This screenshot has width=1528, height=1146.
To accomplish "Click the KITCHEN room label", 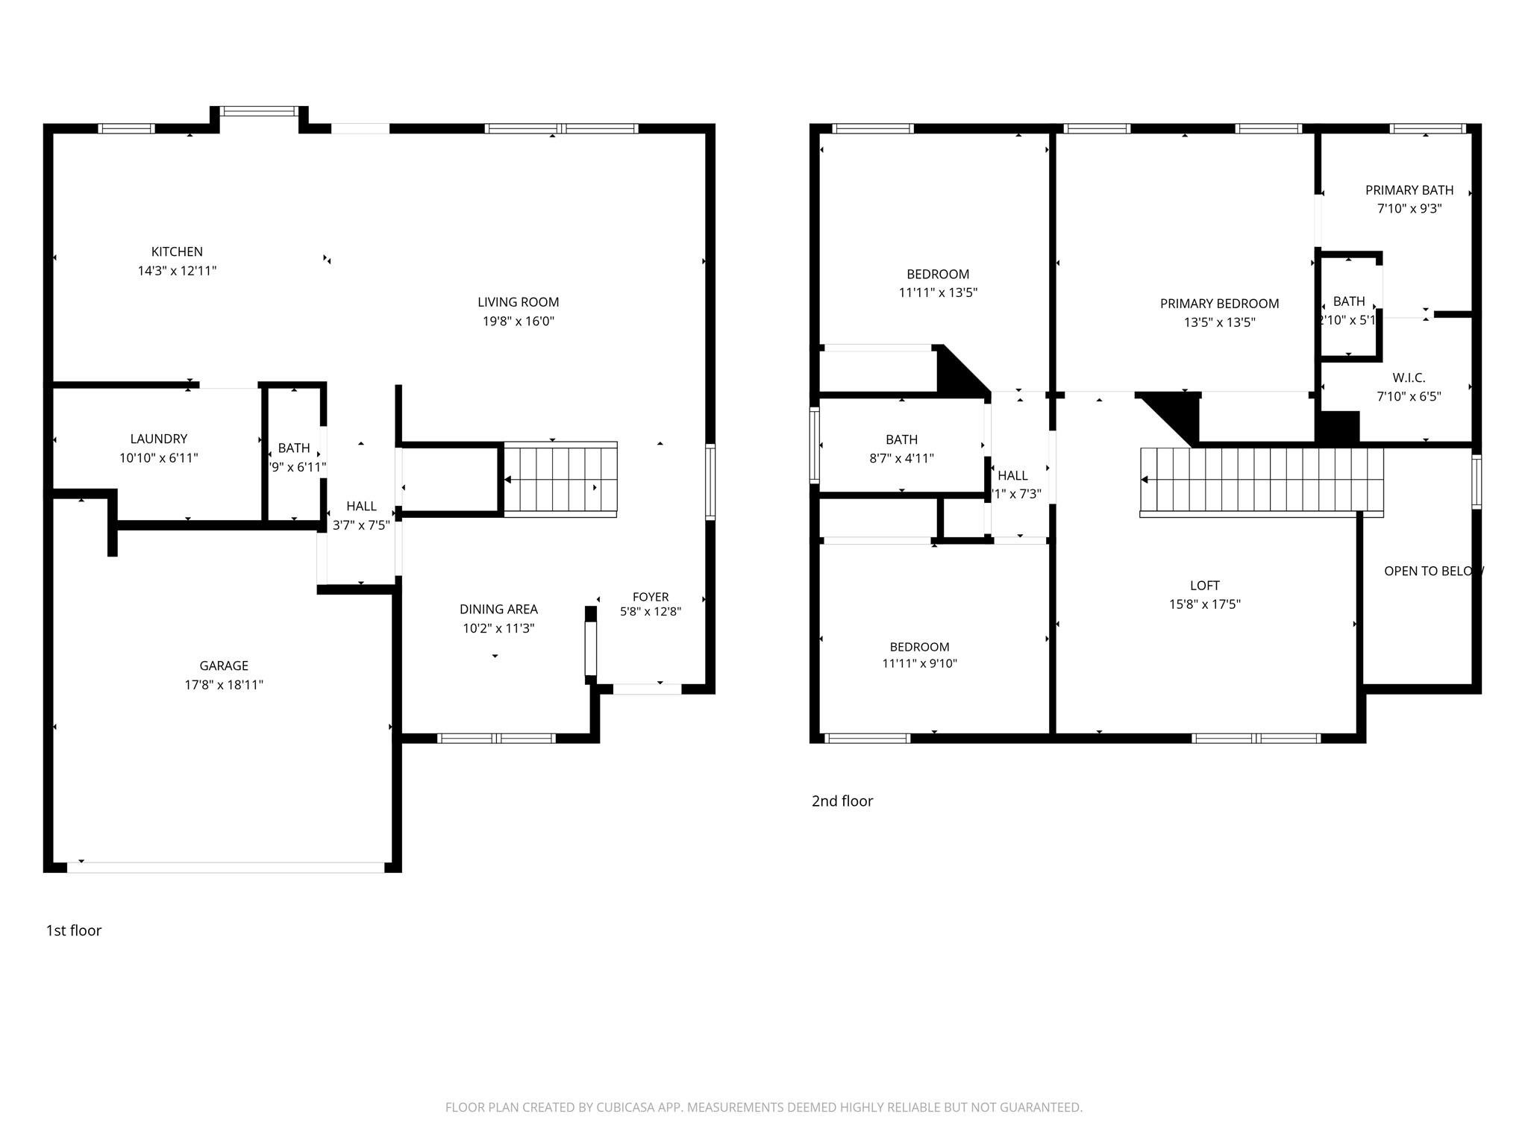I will [x=177, y=252].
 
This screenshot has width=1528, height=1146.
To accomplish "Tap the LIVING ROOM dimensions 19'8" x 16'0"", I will [x=518, y=322].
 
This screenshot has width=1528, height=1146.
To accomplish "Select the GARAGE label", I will [x=224, y=666].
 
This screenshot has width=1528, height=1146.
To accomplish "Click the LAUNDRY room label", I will [x=158, y=439].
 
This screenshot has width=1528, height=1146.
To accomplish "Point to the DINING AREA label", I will [x=498, y=610].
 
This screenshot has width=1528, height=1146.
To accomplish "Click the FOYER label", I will [x=650, y=597].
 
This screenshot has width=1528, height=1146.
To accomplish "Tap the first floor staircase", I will [x=560, y=479].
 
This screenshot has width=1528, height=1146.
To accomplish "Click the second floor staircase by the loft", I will [x=1261, y=481].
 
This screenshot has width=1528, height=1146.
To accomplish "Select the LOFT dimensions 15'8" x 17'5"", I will [x=1204, y=604].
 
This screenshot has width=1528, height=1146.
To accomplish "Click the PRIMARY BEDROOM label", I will [x=1219, y=304].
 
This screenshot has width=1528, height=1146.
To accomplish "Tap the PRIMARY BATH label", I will [x=1409, y=190].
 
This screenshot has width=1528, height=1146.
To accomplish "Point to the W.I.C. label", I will [x=1408, y=378].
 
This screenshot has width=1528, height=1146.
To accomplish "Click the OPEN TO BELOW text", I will [x=1432, y=571].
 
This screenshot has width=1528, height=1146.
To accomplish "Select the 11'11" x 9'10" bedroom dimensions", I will [x=919, y=663].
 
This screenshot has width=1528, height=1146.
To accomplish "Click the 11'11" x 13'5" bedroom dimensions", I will [x=938, y=293].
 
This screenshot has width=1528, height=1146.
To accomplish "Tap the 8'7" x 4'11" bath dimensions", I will [x=901, y=458].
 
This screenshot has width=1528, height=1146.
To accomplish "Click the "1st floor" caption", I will [x=74, y=930].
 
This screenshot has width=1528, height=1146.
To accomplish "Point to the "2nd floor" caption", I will [x=842, y=801].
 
